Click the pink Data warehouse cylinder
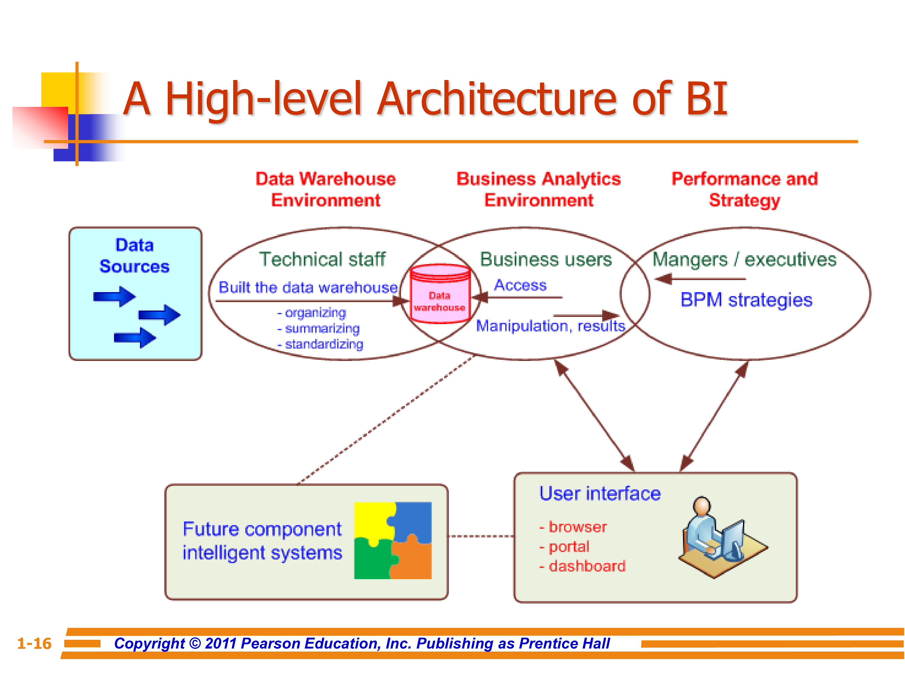tap(440, 294)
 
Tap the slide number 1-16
tap(34, 643)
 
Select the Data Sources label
tap(135, 256)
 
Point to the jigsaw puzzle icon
tap(392, 540)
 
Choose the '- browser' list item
tap(573, 527)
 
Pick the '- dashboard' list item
tap(582, 566)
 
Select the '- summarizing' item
tap(319, 329)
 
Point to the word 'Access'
tap(520, 285)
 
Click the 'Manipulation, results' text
tap(550, 326)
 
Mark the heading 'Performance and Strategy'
tap(744, 190)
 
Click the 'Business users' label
tap(545, 260)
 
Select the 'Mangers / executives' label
tap(744, 260)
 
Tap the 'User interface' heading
tap(600, 494)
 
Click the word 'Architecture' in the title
tap(497, 99)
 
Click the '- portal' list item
tap(565, 547)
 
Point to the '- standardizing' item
tap(320, 345)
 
